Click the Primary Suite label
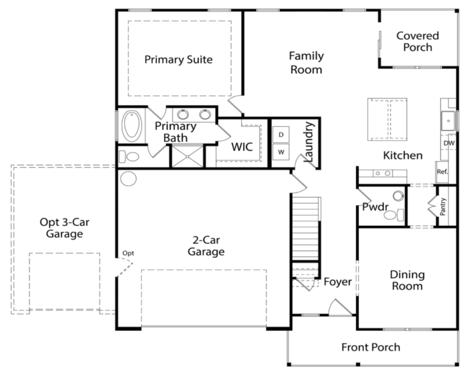(178, 59)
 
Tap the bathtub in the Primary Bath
(132, 126)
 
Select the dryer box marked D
(281, 134)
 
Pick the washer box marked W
(281, 152)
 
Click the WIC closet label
(242, 147)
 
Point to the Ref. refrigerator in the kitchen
(442, 172)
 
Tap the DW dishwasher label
(449, 143)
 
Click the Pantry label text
(443, 206)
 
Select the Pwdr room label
(375, 207)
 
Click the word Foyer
(337, 282)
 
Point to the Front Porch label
(371, 347)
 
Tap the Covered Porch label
(417, 41)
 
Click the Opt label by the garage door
(128, 253)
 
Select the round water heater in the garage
(128, 179)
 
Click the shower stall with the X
(188, 156)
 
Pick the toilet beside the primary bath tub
(129, 156)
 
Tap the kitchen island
(387, 119)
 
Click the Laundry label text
(309, 141)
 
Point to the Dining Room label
(407, 280)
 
